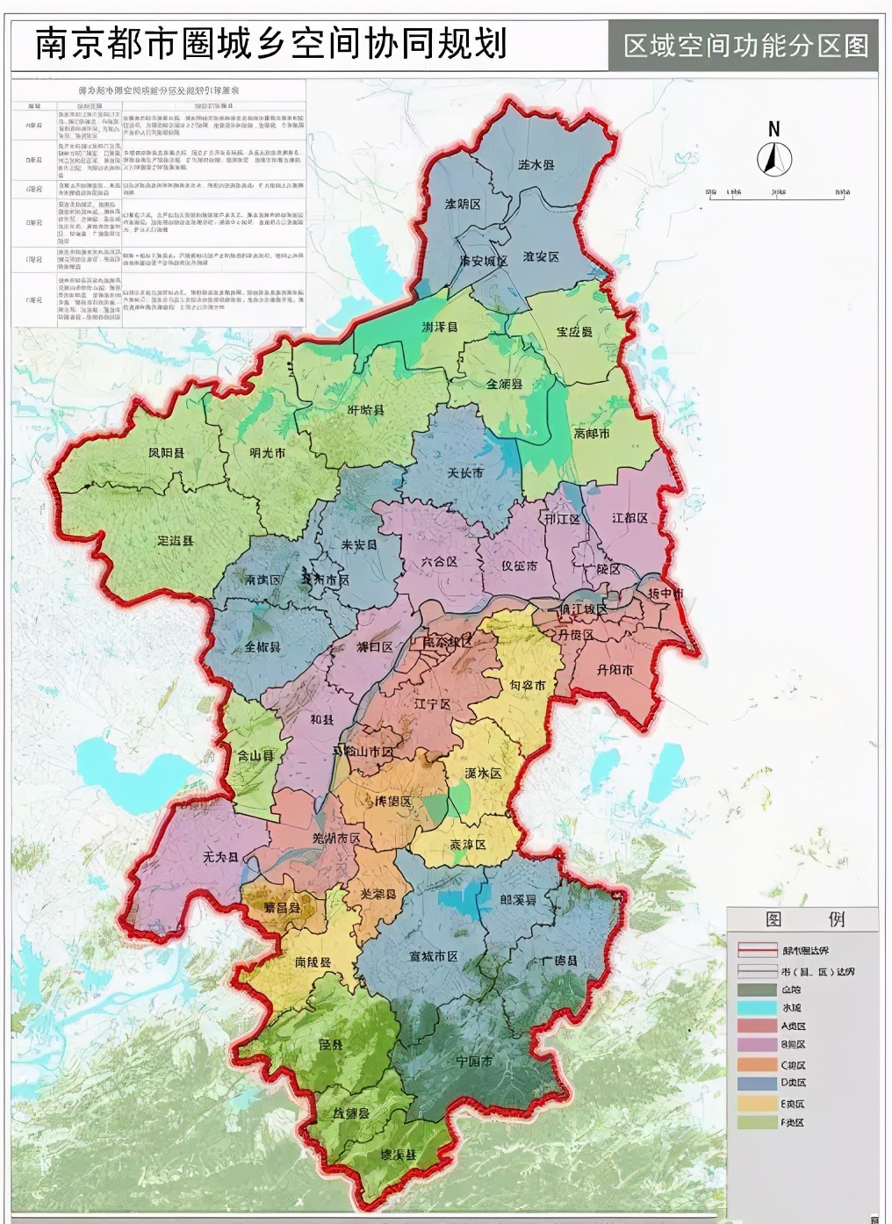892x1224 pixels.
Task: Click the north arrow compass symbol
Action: click(x=774, y=159)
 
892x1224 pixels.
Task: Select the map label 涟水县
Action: click(x=536, y=164)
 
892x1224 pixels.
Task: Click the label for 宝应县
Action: click(x=574, y=332)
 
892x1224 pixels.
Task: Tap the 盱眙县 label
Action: click(x=366, y=410)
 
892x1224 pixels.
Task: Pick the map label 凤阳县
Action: click(x=166, y=453)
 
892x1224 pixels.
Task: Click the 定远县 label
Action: click(x=175, y=541)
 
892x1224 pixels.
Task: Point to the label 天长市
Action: click(x=465, y=472)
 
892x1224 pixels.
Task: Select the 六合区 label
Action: click(x=439, y=561)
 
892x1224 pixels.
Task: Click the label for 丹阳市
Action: click(x=615, y=669)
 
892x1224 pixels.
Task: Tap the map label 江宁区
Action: click(x=432, y=704)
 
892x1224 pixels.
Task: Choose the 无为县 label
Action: click(x=220, y=856)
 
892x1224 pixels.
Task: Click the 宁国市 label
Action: click(x=473, y=1061)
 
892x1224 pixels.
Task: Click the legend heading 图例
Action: click(x=802, y=919)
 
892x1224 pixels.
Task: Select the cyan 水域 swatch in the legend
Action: click(x=757, y=1008)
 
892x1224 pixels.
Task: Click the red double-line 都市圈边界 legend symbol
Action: click(x=757, y=950)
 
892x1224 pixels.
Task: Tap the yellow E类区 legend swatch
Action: click(x=757, y=1104)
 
